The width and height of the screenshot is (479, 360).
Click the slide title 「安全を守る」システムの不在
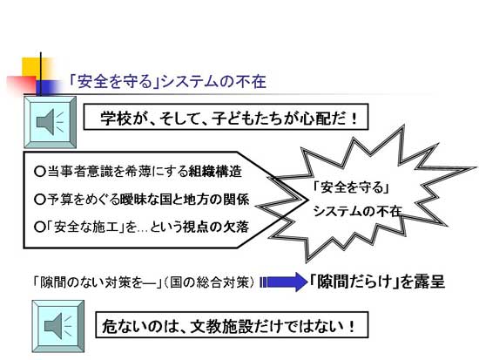[167, 82]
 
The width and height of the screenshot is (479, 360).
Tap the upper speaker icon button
[51, 122]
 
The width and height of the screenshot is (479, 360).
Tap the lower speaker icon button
[58, 326]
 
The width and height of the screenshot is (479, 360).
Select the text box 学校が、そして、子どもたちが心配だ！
[226, 117]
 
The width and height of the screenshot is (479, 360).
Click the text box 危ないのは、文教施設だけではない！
[232, 324]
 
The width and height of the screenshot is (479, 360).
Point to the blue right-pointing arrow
[284, 282]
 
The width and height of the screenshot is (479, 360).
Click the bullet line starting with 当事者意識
[138, 171]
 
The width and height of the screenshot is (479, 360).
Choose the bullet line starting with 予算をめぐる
[142, 200]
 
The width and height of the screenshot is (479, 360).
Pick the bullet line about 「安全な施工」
[141, 227]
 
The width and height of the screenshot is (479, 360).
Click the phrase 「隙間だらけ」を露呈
[376, 282]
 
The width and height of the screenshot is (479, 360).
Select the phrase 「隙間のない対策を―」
[98, 282]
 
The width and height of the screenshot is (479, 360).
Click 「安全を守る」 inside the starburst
[351, 187]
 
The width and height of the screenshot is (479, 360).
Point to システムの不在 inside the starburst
[357, 211]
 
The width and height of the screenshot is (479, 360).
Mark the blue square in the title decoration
[48, 87]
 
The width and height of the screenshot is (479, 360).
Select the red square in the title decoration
[22, 84]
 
